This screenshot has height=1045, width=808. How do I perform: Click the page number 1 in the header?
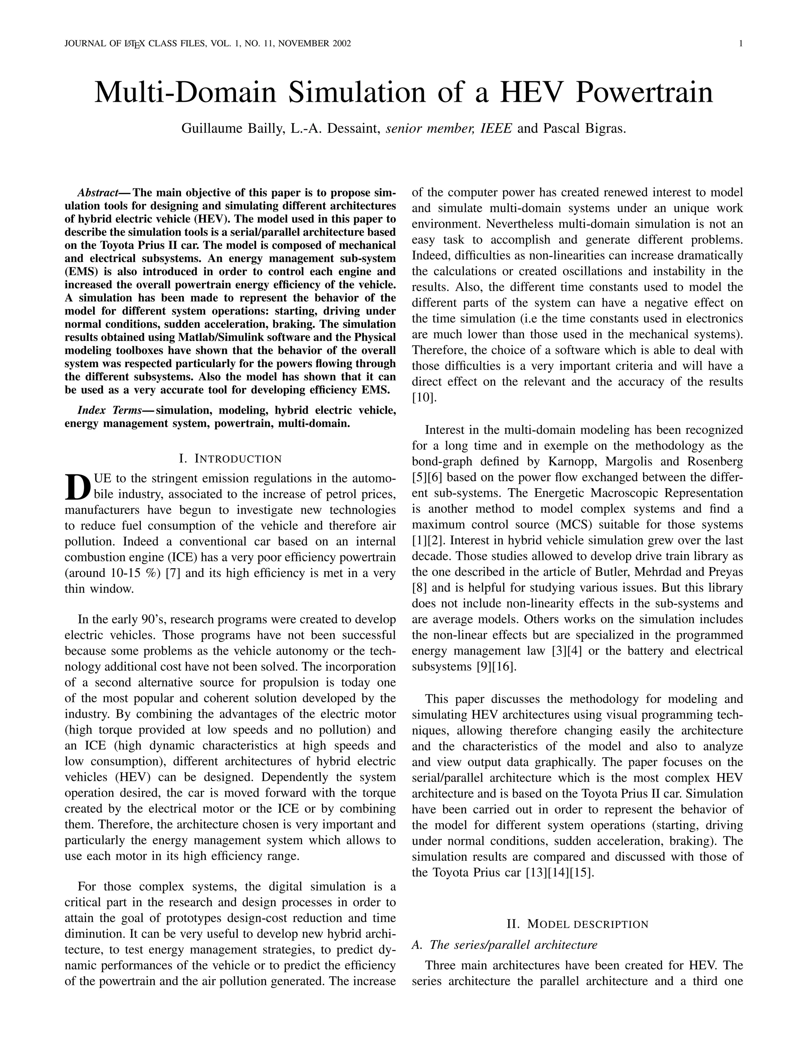pyautogui.click(x=741, y=43)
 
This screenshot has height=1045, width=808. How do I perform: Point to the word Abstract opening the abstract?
pyautogui.click(x=98, y=193)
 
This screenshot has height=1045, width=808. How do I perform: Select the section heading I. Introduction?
pyautogui.click(x=230, y=459)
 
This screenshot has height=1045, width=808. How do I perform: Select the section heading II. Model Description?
pyautogui.click(x=577, y=924)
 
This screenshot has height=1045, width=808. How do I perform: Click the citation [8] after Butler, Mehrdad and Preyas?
pyautogui.click(x=419, y=588)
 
